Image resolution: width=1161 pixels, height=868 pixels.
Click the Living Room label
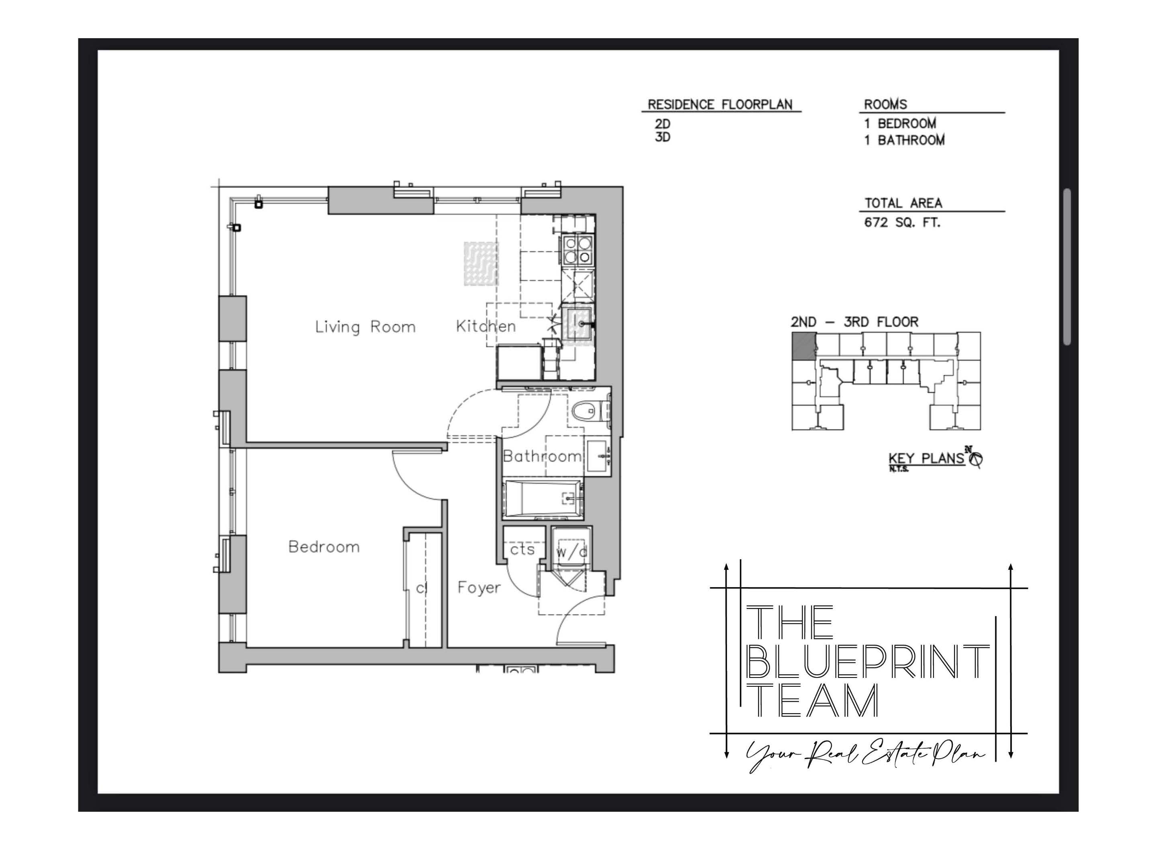coord(365,327)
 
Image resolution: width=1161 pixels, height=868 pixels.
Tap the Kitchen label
coord(485,326)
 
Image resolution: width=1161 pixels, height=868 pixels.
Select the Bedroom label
coord(324,547)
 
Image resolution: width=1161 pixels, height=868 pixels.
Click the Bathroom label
coord(542,456)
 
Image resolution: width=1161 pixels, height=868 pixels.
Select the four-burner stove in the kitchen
coord(577,250)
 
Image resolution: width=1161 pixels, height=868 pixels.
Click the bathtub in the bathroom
coord(542,497)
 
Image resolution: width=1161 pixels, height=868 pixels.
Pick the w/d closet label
coord(571,552)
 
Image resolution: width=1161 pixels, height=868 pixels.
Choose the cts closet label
coord(522,549)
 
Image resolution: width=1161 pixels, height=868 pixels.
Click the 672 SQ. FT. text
coord(902,223)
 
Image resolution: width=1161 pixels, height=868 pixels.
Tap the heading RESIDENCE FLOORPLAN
coord(720,104)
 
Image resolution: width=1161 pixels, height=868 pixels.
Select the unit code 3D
coord(662,137)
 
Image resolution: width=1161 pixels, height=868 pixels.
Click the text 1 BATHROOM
coord(904,140)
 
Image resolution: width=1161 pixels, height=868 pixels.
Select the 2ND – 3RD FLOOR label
coord(854,322)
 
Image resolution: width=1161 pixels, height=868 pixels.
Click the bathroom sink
coord(598,457)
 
